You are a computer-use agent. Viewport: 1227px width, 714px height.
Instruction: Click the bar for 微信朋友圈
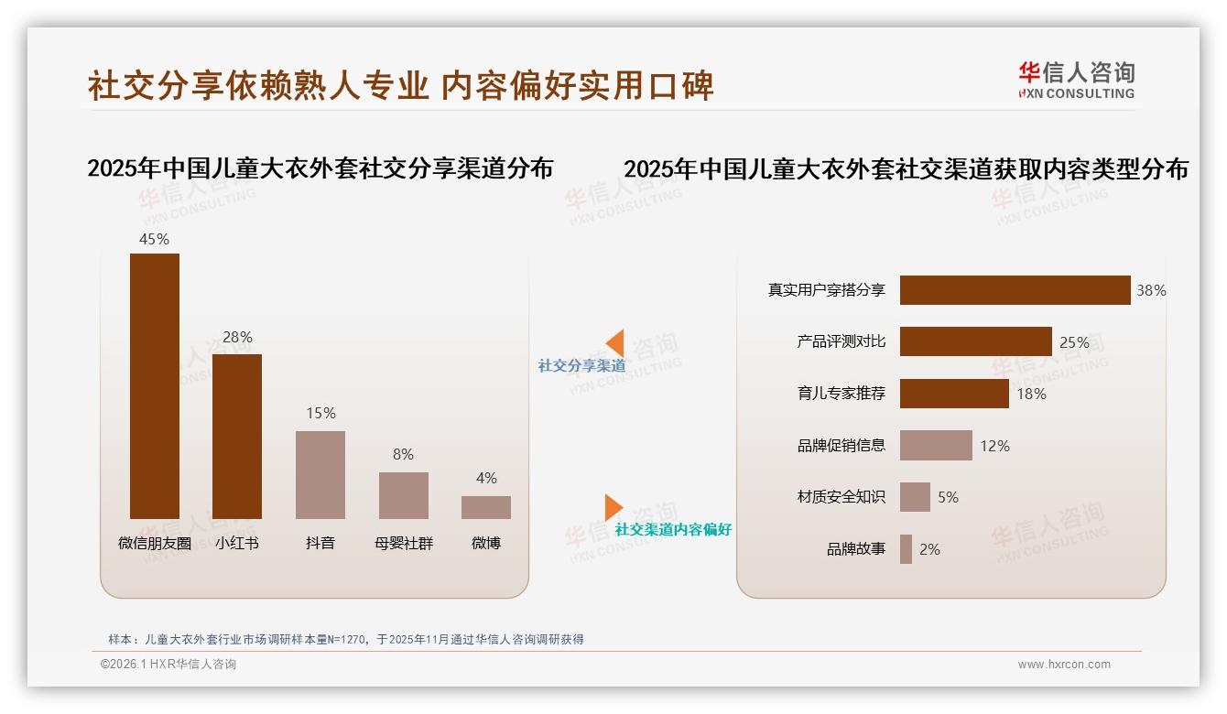155,385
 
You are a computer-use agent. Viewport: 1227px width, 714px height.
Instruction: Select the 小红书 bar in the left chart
237,436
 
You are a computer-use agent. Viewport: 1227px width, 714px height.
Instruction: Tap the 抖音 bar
320,474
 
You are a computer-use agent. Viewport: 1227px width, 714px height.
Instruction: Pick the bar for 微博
486,507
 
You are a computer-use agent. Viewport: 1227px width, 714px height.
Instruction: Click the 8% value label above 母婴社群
403,454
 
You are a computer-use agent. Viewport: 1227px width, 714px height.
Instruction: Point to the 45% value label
154,239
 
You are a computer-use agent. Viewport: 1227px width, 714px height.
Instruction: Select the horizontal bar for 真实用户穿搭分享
1015,290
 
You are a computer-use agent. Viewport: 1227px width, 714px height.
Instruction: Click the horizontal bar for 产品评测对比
975,341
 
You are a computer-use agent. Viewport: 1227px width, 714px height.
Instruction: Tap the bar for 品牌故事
906,549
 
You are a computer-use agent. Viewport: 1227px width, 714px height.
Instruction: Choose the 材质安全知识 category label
842,497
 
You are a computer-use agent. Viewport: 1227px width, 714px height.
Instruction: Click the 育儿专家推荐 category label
842,394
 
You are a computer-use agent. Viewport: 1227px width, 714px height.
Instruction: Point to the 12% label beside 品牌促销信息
994,446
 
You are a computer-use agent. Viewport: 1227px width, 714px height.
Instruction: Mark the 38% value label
1151,290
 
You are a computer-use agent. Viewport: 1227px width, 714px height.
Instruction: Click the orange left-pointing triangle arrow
615,342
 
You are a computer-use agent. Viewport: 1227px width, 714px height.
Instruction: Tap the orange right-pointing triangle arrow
613,506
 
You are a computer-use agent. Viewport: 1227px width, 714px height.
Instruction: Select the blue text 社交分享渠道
582,365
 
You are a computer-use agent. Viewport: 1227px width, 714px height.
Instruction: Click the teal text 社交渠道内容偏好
673,529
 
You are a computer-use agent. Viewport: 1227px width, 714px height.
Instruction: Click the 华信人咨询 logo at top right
1076,80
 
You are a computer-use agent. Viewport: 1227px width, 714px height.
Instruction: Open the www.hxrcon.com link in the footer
1064,665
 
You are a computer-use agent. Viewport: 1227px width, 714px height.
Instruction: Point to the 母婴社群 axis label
403,543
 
